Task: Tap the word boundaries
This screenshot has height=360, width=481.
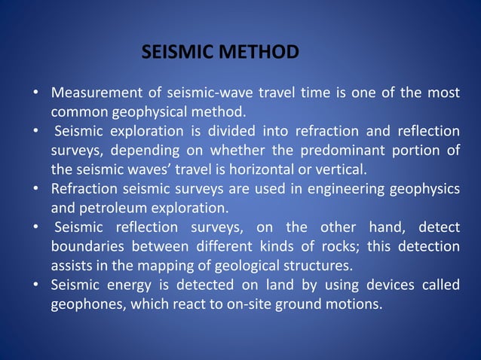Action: (x=87, y=246)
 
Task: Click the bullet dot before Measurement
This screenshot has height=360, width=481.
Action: (x=35, y=94)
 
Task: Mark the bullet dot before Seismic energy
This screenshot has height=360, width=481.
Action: (x=35, y=285)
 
